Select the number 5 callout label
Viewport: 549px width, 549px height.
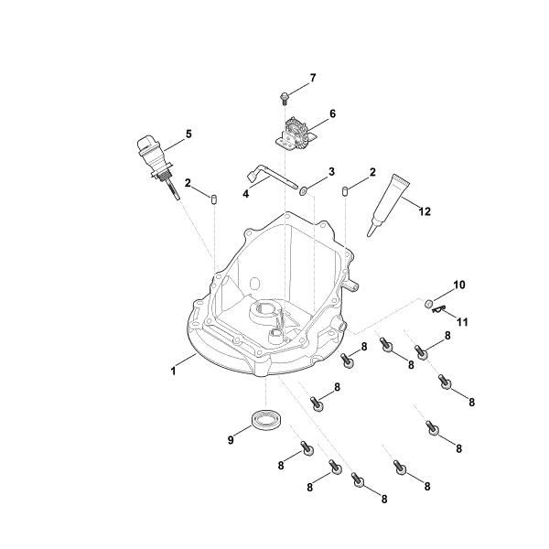(x=188, y=134)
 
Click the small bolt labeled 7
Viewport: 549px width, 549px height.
(x=284, y=95)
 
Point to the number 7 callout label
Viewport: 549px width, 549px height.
(x=312, y=78)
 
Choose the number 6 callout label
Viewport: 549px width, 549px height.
(x=332, y=113)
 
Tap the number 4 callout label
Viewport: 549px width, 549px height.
(x=245, y=194)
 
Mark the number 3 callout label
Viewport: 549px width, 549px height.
(x=331, y=171)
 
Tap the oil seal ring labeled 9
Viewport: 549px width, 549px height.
(x=267, y=423)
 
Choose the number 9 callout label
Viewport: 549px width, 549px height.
(x=231, y=440)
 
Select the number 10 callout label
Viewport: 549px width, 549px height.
(x=459, y=285)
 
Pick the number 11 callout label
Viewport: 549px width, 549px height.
(x=461, y=321)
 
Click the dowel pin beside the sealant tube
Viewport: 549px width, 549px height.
(x=347, y=191)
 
